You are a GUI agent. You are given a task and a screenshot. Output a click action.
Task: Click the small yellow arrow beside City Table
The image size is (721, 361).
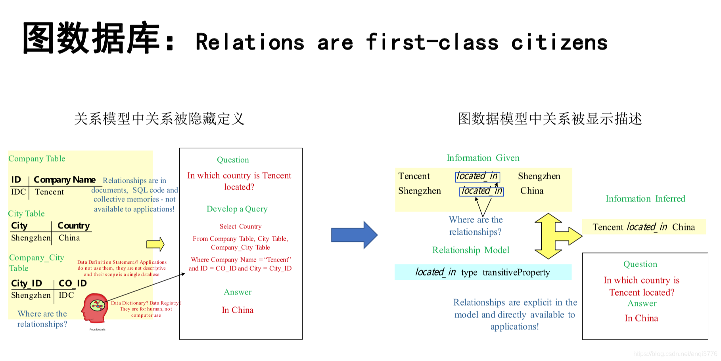pos(155,244)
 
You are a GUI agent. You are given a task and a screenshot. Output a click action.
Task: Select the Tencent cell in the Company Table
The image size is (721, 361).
pos(49,192)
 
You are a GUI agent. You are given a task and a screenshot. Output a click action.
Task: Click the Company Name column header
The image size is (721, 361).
pos(64,180)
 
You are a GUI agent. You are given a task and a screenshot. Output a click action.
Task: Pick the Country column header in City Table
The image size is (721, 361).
pos(74,226)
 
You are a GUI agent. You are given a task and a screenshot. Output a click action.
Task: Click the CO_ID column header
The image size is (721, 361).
pos(73,283)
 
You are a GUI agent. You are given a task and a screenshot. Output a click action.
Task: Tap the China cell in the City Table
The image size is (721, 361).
pos(69,238)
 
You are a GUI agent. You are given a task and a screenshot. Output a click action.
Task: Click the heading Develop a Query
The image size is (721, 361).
pos(237,209)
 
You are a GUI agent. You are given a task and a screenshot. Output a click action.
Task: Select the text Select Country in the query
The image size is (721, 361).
pos(240,226)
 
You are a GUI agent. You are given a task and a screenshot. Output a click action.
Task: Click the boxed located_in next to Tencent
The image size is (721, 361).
pos(477,177)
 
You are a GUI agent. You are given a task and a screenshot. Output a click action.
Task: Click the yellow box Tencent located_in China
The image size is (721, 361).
pos(643,227)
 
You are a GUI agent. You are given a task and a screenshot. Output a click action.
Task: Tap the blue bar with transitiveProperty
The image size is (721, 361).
pos(483,272)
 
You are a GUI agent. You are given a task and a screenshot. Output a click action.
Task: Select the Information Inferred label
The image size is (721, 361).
pos(645,199)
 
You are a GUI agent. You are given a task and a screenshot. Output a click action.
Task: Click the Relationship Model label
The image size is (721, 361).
pos(470,250)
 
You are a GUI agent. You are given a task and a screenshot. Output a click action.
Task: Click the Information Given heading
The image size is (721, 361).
pos(483,158)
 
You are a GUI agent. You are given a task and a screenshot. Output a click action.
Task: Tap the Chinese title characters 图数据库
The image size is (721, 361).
pos(91,38)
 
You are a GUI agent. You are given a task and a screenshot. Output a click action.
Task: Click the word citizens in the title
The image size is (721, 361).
pos(559,42)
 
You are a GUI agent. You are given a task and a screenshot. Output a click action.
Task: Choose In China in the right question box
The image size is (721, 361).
pos(641,318)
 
